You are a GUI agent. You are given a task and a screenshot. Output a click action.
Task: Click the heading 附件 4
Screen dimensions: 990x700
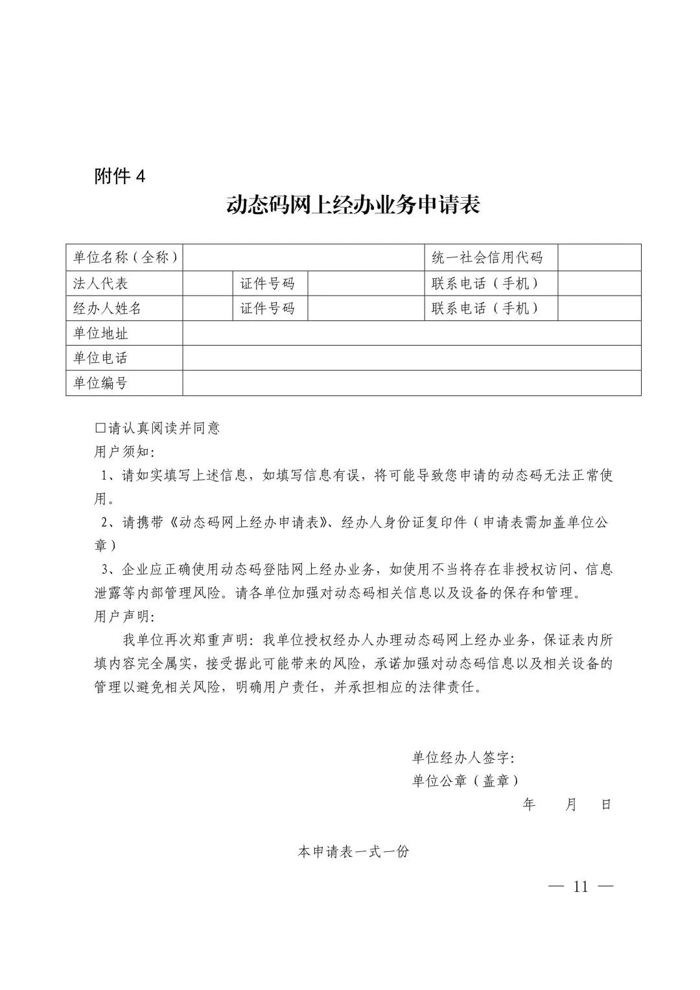pyautogui.click(x=120, y=176)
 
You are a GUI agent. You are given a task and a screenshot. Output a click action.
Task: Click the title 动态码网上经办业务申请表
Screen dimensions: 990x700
pyautogui.click(x=353, y=206)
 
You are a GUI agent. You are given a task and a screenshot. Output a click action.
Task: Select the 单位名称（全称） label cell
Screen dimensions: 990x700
pyautogui.click(x=124, y=257)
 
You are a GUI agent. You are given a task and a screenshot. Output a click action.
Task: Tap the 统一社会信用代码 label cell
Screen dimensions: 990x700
pyautogui.click(x=487, y=257)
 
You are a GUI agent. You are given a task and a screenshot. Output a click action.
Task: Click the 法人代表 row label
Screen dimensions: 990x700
pyautogui.click(x=100, y=283)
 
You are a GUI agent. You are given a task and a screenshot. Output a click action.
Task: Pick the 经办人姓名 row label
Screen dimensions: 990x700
pyautogui.click(x=107, y=308)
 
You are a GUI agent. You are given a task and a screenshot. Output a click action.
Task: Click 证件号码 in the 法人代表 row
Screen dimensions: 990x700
pyautogui.click(x=267, y=283)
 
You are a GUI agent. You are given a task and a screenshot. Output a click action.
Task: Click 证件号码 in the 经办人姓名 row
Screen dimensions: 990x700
pyautogui.click(x=267, y=308)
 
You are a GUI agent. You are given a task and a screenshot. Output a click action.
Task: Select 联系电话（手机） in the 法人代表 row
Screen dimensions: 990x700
pyautogui.click(x=487, y=283)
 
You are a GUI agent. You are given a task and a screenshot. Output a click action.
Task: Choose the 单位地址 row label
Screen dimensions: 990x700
pyautogui.click(x=100, y=333)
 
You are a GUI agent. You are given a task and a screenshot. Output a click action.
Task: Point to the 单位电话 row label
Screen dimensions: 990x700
pyautogui.click(x=100, y=358)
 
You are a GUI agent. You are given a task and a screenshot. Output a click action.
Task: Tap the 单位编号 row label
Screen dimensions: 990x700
pyautogui.click(x=100, y=383)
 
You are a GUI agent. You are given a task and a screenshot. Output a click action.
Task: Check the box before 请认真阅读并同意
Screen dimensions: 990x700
pyautogui.click(x=100, y=428)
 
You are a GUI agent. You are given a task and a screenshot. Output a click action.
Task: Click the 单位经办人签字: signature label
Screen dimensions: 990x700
pyautogui.click(x=463, y=757)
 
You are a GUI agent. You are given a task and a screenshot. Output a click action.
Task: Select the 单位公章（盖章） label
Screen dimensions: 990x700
pyautogui.click(x=465, y=781)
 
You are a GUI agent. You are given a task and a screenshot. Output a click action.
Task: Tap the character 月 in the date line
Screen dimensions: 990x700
pyautogui.click(x=570, y=805)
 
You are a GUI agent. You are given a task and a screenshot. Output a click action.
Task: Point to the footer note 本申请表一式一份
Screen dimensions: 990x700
pyautogui.click(x=353, y=852)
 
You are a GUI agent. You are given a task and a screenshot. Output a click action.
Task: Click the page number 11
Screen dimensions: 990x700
pyautogui.click(x=580, y=887)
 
